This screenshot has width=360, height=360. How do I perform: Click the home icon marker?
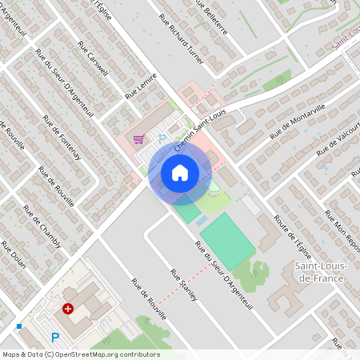180,172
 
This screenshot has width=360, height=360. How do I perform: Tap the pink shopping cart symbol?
139,139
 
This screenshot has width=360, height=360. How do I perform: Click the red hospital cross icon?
68,308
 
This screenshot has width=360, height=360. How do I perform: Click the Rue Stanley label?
183,285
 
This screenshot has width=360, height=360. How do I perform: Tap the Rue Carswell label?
93,58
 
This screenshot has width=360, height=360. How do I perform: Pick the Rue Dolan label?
14,263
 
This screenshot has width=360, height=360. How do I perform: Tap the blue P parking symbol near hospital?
55,338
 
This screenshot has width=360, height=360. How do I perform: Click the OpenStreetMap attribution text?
80,354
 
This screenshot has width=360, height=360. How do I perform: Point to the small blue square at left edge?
18,326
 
